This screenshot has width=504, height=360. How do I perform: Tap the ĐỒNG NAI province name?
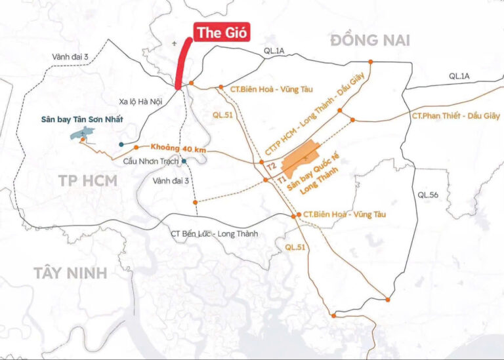(370, 41)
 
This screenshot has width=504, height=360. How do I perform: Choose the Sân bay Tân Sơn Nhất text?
(81, 120)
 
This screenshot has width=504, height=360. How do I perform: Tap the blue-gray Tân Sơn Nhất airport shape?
(82, 135)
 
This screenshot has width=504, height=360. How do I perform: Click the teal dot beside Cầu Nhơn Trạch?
(184, 161)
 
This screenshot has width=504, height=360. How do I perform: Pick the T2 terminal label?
(270, 167)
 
